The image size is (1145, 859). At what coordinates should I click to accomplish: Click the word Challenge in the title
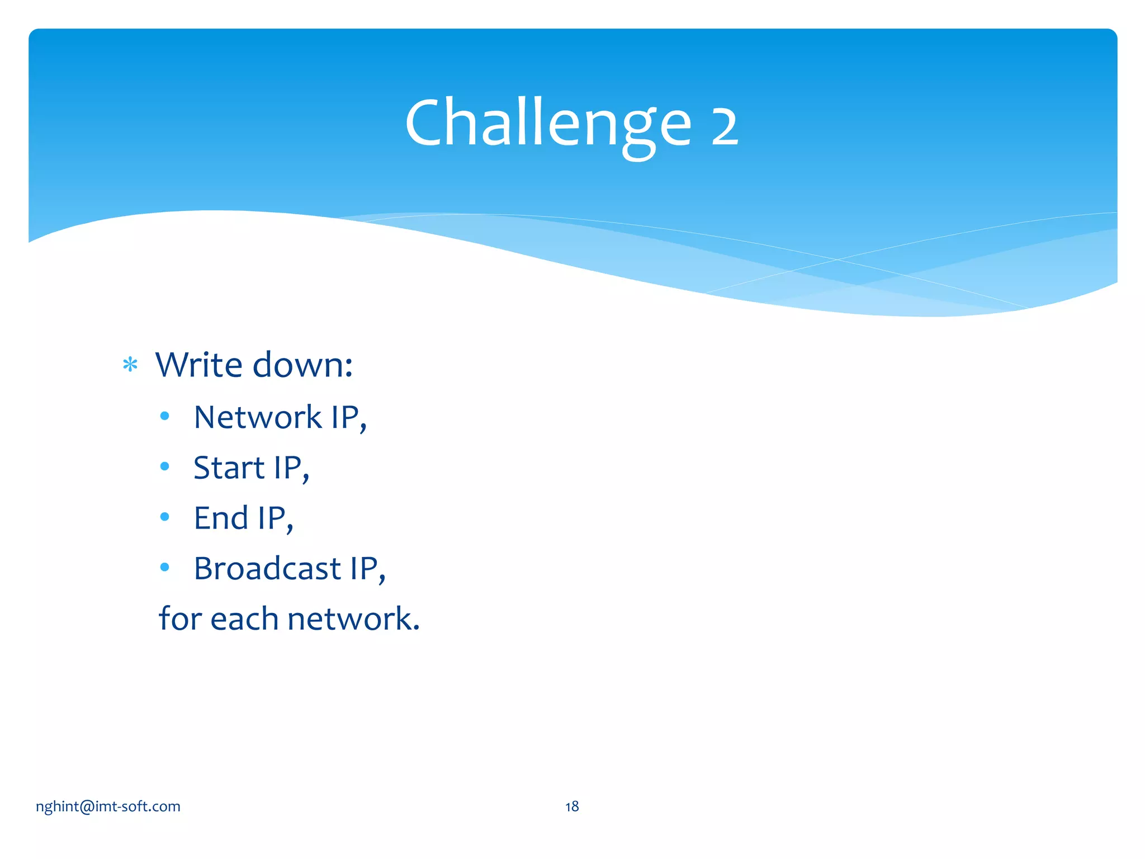548,124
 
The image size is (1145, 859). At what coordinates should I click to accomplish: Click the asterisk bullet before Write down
130,365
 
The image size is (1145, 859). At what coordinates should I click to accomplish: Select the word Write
198,365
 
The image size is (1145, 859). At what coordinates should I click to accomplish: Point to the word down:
302,365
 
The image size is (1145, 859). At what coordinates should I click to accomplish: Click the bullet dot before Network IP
164,416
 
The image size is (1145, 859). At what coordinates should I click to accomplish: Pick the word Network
257,417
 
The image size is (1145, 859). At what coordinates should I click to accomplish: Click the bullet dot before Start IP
164,466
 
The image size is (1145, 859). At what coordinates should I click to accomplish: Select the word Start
229,468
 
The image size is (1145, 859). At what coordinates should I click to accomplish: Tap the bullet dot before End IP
164,517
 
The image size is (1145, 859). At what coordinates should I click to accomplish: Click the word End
220,518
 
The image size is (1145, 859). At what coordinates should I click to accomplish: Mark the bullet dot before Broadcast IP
164,567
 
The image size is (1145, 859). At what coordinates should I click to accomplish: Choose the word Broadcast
267,568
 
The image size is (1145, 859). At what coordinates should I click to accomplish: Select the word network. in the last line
353,619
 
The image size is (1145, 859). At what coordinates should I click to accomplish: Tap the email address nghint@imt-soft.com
108,806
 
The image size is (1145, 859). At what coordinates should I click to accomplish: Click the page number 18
571,806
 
